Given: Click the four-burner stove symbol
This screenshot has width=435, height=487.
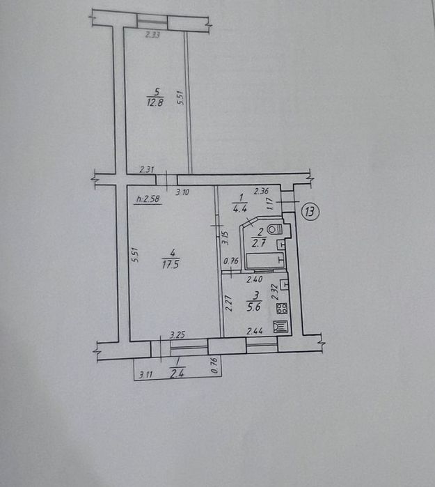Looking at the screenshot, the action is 283,309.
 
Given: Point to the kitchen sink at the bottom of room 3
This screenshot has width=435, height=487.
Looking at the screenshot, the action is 282,327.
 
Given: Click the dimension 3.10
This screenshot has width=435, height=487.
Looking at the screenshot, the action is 182,192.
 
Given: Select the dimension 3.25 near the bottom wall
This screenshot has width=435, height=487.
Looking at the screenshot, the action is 178,335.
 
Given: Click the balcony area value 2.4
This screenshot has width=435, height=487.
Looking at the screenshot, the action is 177,373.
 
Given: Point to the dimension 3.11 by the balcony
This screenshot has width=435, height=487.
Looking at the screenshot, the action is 145,375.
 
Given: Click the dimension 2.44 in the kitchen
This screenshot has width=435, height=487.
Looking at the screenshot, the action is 254,332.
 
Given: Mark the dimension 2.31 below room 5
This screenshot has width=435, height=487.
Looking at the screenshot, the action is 146,169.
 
